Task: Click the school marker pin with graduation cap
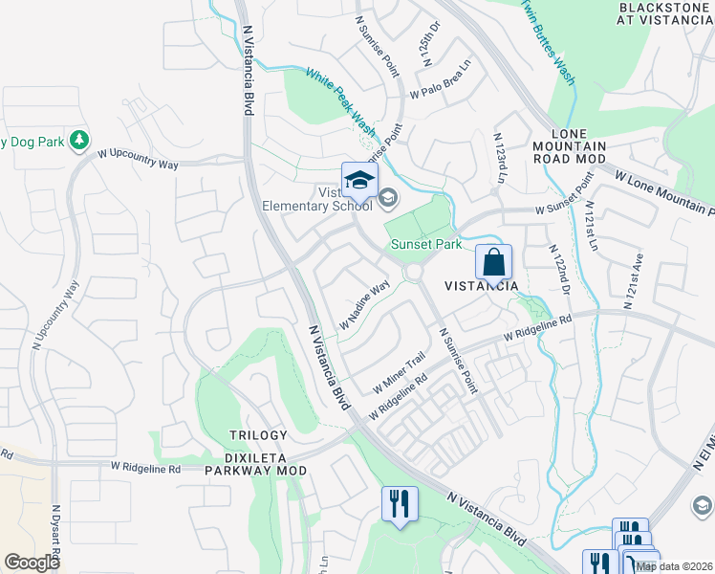(x=359, y=180)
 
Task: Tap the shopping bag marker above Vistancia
(x=493, y=261)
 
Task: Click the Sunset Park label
(x=425, y=244)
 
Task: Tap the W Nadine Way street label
(x=364, y=303)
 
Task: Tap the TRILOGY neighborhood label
(x=258, y=435)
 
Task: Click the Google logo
(x=32, y=563)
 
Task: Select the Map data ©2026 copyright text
(x=672, y=566)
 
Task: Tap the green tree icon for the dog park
(x=80, y=142)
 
